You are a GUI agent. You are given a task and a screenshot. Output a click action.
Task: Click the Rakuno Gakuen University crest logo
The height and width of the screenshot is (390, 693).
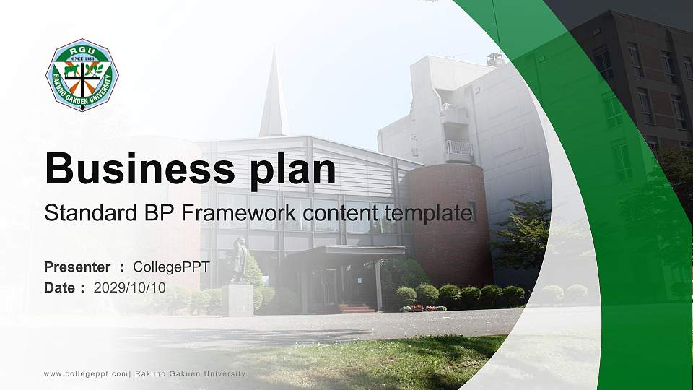(82, 74)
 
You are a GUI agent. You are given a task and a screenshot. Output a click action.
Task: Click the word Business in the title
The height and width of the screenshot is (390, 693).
(140, 168)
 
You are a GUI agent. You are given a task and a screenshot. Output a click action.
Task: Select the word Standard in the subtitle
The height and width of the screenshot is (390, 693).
(91, 213)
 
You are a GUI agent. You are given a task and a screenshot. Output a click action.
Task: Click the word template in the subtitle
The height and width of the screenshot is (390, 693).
(428, 214)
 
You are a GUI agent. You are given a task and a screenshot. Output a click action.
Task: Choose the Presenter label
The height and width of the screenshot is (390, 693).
(77, 267)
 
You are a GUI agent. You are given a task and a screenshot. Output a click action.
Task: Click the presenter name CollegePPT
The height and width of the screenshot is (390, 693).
(172, 267)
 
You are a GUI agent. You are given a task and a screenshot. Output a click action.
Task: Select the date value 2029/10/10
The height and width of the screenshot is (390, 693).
(129, 288)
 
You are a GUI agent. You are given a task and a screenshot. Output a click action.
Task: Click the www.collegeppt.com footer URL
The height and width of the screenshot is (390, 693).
(86, 374)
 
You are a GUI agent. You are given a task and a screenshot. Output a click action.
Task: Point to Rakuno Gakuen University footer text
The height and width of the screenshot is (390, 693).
(190, 373)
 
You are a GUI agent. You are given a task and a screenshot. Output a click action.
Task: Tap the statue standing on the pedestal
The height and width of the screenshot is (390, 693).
(240, 259)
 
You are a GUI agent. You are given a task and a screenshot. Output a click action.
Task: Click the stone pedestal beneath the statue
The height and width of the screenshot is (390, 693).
(237, 299)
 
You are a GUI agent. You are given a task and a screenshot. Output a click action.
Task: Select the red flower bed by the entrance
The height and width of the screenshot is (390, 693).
(424, 308)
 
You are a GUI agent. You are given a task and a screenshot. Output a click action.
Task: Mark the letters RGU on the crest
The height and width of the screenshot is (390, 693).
(82, 51)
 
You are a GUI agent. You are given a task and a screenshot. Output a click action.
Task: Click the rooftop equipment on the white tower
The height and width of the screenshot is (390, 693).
(495, 60)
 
